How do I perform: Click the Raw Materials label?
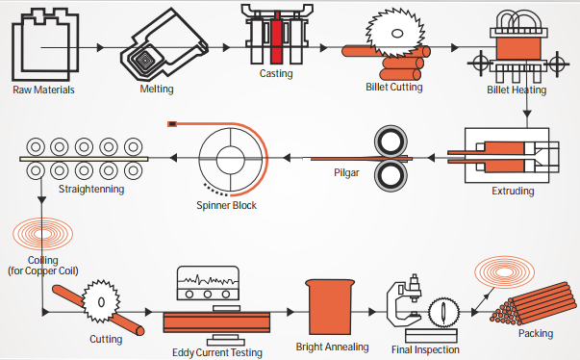click(x=43, y=90)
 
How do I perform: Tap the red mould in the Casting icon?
click(x=276, y=38)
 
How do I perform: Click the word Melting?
click(x=157, y=90)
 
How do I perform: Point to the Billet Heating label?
click(x=517, y=90)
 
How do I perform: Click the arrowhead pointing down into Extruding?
click(x=527, y=114)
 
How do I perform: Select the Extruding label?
click(x=513, y=191)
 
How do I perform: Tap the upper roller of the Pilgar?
click(x=391, y=141)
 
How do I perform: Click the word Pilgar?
click(x=346, y=173)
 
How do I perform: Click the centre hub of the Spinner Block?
click(x=231, y=160)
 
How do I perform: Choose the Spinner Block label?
click(x=226, y=205)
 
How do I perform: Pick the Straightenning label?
click(x=91, y=189)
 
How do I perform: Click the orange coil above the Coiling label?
click(x=42, y=234)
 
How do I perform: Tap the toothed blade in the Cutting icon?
click(x=101, y=301)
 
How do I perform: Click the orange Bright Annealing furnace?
click(x=330, y=307)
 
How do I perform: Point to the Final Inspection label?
click(x=425, y=350)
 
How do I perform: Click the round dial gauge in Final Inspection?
click(x=443, y=312)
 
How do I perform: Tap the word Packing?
click(x=536, y=333)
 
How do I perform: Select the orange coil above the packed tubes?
click(x=505, y=272)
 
